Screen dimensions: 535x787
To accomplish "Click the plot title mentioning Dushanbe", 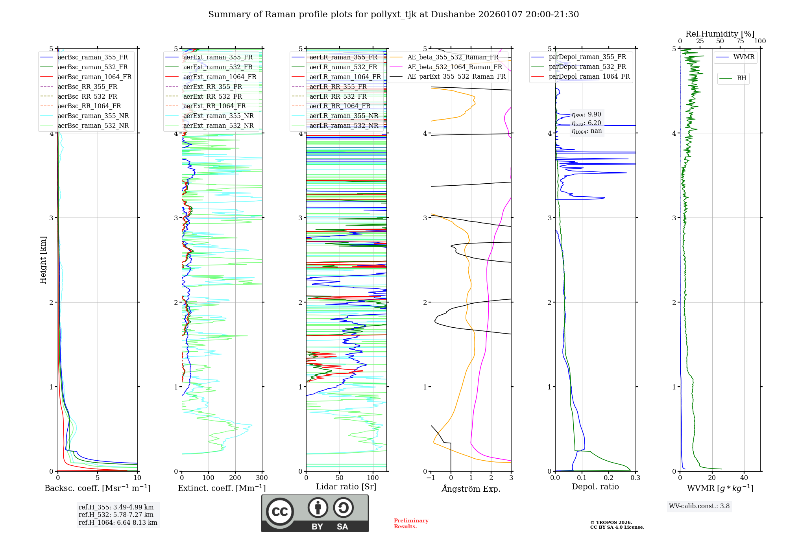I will [393, 15].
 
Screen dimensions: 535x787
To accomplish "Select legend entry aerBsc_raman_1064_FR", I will [94, 77].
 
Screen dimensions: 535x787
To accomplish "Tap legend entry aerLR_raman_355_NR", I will [344, 116].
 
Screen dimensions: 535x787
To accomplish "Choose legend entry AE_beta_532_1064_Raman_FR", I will [454, 67].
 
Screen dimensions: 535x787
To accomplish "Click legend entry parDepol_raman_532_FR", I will [587, 67].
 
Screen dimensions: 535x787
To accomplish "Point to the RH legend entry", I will [741, 78].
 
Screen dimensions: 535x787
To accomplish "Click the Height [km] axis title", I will [43, 260].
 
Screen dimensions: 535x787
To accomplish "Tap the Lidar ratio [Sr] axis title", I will [346, 487].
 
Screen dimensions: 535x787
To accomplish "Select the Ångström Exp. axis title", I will [471, 489].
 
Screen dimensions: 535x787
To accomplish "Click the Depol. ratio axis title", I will [595, 487].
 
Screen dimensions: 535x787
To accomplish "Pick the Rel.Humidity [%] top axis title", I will [720, 34].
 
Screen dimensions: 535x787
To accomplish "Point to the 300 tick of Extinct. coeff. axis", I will [262, 478].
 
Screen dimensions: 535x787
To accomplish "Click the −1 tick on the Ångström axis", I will [431, 478].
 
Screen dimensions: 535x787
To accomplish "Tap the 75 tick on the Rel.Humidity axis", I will [740, 41].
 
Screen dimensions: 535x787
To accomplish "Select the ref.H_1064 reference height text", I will [118, 522].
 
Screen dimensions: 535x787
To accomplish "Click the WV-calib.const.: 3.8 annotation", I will [699, 506].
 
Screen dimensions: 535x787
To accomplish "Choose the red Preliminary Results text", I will [411, 524].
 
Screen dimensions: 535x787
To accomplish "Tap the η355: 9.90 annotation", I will [586, 114].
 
